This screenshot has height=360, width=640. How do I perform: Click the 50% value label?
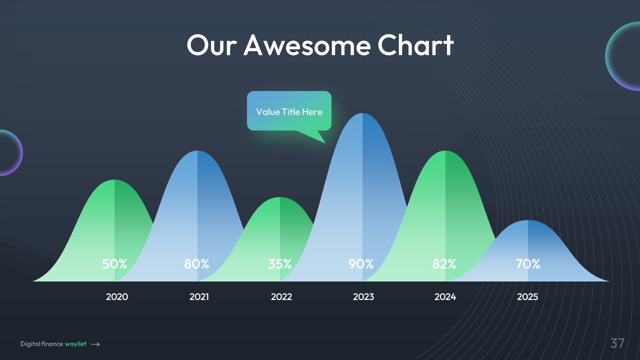pyautogui.click(x=114, y=264)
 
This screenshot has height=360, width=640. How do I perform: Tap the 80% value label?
pyautogui.click(x=196, y=264)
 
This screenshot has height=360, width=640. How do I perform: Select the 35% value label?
pyautogui.click(x=279, y=264)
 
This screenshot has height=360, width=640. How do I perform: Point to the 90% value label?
pyautogui.click(x=361, y=264)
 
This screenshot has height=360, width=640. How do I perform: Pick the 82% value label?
pyautogui.click(x=444, y=264)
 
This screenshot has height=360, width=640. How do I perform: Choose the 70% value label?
pyautogui.click(x=527, y=264)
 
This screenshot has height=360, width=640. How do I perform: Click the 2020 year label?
pyautogui.click(x=117, y=297)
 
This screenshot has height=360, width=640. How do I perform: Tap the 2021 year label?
pyautogui.click(x=199, y=297)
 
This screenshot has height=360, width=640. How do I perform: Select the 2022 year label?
pyautogui.click(x=281, y=297)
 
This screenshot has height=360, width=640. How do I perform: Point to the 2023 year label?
pyautogui.click(x=363, y=297)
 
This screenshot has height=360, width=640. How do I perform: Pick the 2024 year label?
pyautogui.click(x=445, y=297)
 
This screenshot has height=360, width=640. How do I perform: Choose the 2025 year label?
pyautogui.click(x=527, y=297)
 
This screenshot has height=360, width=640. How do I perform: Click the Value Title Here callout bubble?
pyautogui.click(x=289, y=111)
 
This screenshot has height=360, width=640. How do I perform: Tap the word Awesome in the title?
pyautogui.click(x=307, y=45)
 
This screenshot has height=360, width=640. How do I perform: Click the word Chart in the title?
pyautogui.click(x=415, y=45)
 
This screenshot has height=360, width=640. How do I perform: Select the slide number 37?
pyautogui.click(x=617, y=343)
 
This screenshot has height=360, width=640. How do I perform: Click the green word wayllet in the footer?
pyautogui.click(x=75, y=344)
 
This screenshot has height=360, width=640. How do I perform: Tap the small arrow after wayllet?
pyautogui.click(x=95, y=344)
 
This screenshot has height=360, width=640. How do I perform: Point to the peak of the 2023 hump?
pyautogui.click(x=362, y=113)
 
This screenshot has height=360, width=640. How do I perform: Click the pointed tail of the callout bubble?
pyautogui.click(x=325, y=142)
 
